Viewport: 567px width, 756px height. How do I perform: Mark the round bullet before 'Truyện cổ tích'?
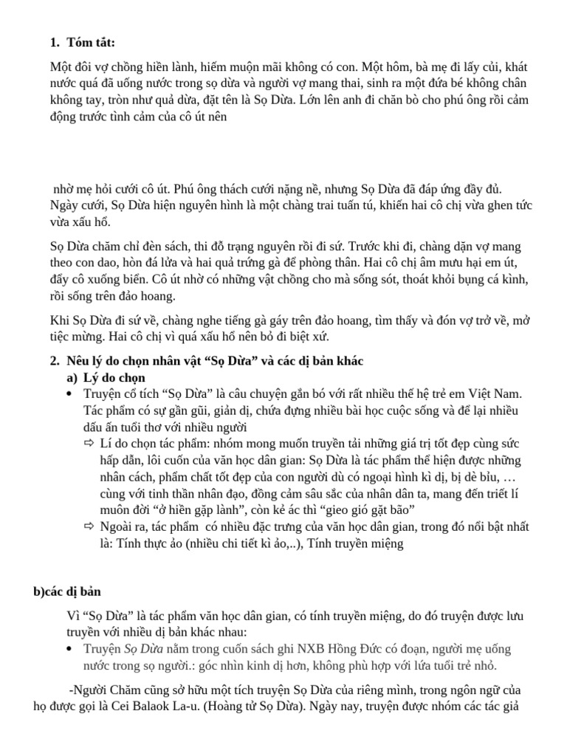point(69,395)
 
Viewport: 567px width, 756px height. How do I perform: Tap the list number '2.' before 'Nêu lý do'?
point(54,361)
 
